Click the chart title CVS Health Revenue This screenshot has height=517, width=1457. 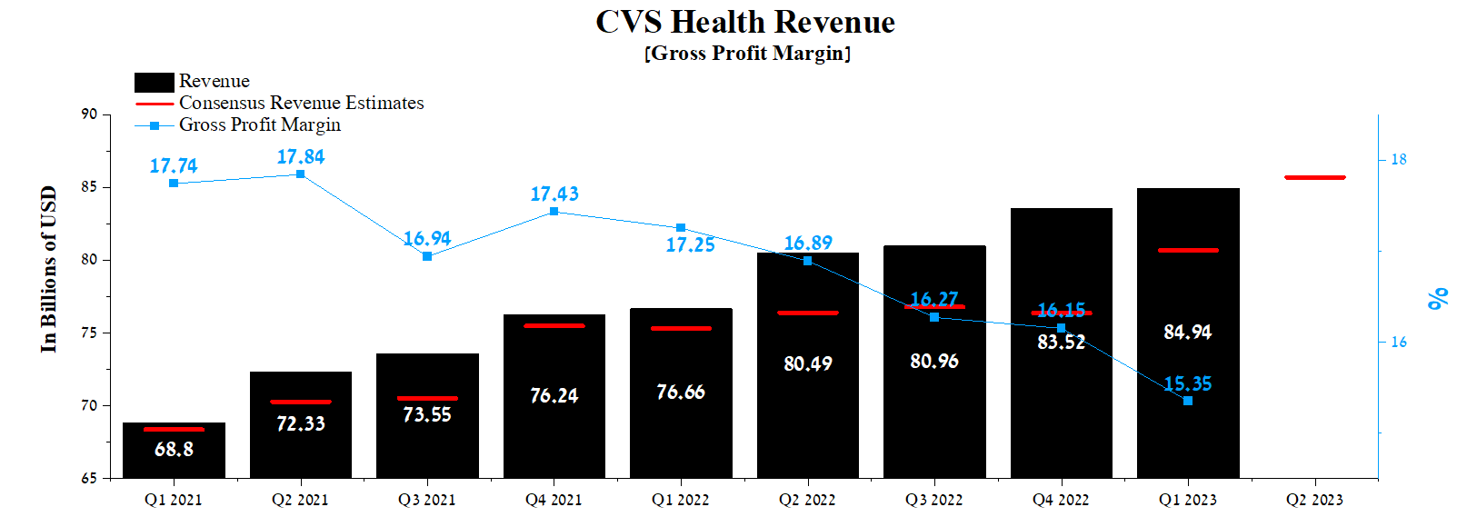pos(744,22)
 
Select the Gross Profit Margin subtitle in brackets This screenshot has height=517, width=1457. pos(747,54)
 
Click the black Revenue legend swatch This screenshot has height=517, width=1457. pos(154,82)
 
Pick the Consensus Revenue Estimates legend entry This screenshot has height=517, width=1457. pos(301,103)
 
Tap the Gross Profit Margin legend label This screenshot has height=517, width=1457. pos(259,124)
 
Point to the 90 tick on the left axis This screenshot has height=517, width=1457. pos(89,114)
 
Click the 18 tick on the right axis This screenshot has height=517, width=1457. pos(1398,160)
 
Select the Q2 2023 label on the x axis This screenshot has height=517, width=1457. pos(1313,500)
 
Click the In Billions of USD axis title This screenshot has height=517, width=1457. pos(48,269)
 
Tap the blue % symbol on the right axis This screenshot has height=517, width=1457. pos(1437,298)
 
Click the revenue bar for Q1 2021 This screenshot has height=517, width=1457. pos(174,452)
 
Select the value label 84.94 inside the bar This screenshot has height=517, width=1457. pos(1187,333)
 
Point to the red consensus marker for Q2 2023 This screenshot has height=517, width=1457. pos(1314,178)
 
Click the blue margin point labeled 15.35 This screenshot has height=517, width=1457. pos(1187,401)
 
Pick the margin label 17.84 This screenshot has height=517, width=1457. pos(301,157)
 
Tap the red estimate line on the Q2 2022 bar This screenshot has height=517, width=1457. pos(807,313)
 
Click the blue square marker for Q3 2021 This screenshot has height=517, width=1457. pos(427,257)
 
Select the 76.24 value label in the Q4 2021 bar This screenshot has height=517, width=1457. pos(554,396)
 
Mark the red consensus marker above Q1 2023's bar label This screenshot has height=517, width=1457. pos(1187,250)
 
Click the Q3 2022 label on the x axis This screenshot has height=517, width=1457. pos(933,500)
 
